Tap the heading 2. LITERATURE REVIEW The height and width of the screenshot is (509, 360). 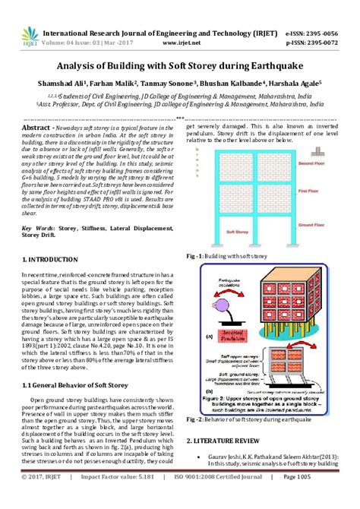pos(226,441)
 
